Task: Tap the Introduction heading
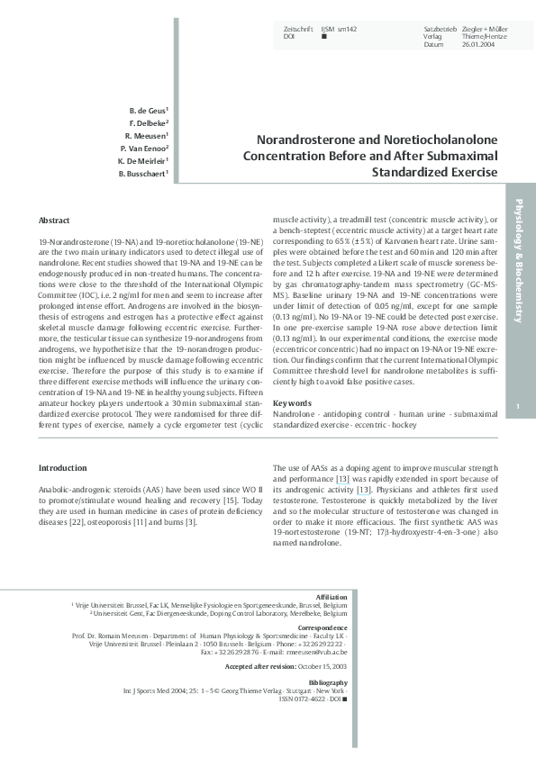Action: pos(63,468)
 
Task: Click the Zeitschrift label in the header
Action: pos(299,30)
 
